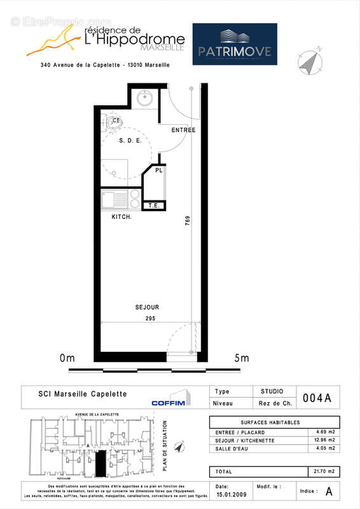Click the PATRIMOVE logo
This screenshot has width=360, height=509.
coord(235,44)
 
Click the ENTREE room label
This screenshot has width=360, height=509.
coord(183,130)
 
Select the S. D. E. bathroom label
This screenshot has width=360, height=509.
coord(131,141)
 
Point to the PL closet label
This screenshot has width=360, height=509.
coord(159,171)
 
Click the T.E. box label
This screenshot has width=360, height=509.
coord(154,206)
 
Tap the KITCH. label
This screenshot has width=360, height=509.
coord(121,218)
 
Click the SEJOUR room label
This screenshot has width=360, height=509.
coord(147,307)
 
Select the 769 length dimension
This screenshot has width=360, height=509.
coord(188,222)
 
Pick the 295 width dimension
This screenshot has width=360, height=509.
coord(149,317)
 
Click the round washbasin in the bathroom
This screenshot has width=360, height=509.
coord(144,99)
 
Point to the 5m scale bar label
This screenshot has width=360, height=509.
coord(242,358)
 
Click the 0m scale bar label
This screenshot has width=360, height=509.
coord(67,358)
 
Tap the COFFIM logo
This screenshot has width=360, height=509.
coord(169,402)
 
